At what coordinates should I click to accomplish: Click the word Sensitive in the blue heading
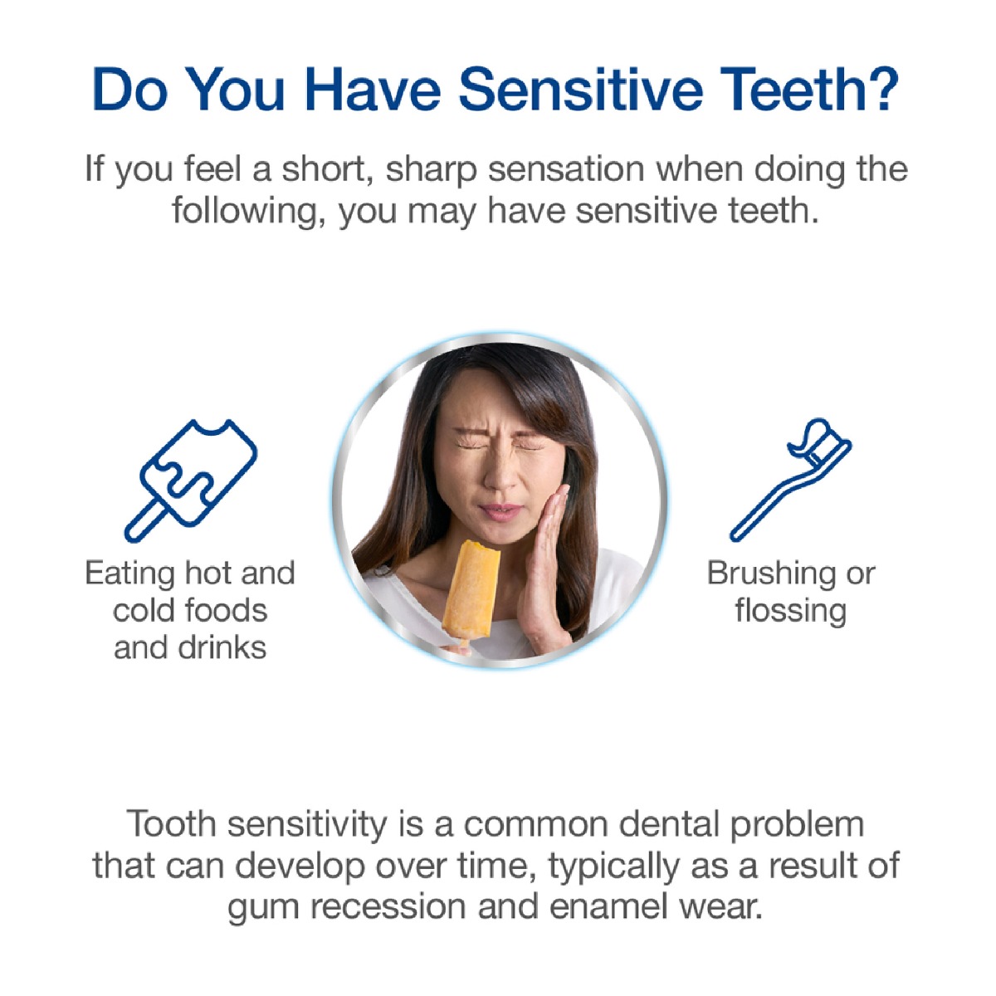(x=581, y=89)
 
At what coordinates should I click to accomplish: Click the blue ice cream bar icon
(x=190, y=481)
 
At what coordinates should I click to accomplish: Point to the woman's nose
(x=500, y=476)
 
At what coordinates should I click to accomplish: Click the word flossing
(x=791, y=612)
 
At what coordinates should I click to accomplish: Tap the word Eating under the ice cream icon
(x=129, y=574)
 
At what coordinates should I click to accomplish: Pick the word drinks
(x=222, y=648)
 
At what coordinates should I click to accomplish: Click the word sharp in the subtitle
(x=431, y=170)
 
